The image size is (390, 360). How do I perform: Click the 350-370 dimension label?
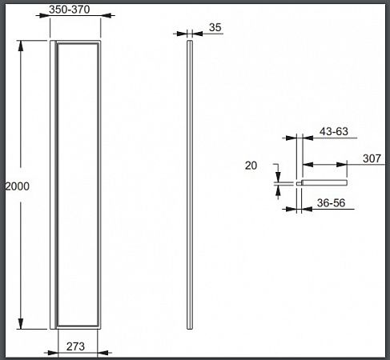(70, 10)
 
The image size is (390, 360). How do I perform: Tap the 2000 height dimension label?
(18, 186)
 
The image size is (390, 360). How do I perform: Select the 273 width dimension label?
(75, 346)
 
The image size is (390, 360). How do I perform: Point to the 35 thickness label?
(215, 27)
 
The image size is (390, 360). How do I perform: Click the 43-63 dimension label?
(334, 131)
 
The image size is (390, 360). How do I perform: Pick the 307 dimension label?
(372, 158)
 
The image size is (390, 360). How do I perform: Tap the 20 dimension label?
(251, 166)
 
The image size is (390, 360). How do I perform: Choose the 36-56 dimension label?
(332, 203)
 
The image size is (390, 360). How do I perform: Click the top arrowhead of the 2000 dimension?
(21, 46)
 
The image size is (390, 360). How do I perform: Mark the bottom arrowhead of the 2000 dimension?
(21, 324)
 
